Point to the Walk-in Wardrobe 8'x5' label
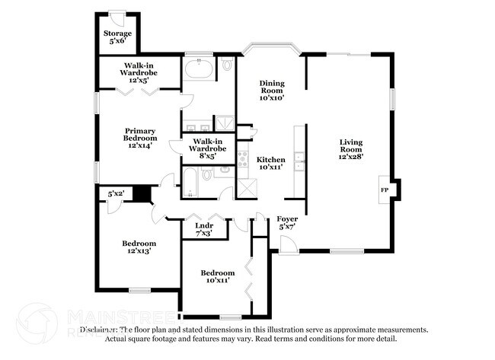coord(208,148)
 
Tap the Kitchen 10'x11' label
coord(270,163)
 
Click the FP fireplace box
coord(385,190)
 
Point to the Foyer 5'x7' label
coord(287,222)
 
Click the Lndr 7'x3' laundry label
coord(204,229)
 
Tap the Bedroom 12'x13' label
coord(139,247)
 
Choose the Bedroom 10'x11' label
coord(216,276)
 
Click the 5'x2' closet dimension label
coord(116,194)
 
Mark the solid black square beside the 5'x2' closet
coord(141,194)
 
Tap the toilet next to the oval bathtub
coord(228,67)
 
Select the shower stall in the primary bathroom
coord(227,123)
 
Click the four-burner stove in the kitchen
coord(244,159)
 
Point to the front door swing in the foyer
coord(287,244)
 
